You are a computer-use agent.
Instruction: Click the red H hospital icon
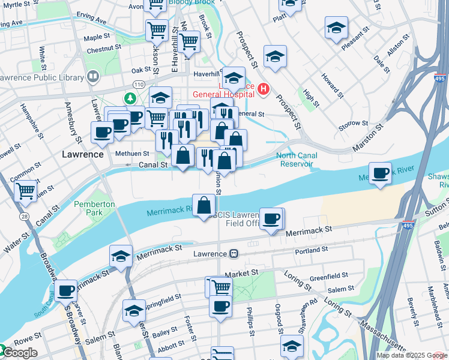click(x=262, y=90)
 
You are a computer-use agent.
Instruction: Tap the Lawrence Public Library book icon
click(x=92, y=76)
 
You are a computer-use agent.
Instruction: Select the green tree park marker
click(x=129, y=97)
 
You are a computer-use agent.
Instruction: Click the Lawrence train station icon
click(x=234, y=254)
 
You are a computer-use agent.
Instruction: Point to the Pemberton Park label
click(x=94, y=208)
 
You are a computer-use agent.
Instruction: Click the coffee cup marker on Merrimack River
click(x=380, y=173)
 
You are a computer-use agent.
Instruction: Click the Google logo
click(x=19, y=352)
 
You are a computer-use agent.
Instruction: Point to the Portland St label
click(x=311, y=249)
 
